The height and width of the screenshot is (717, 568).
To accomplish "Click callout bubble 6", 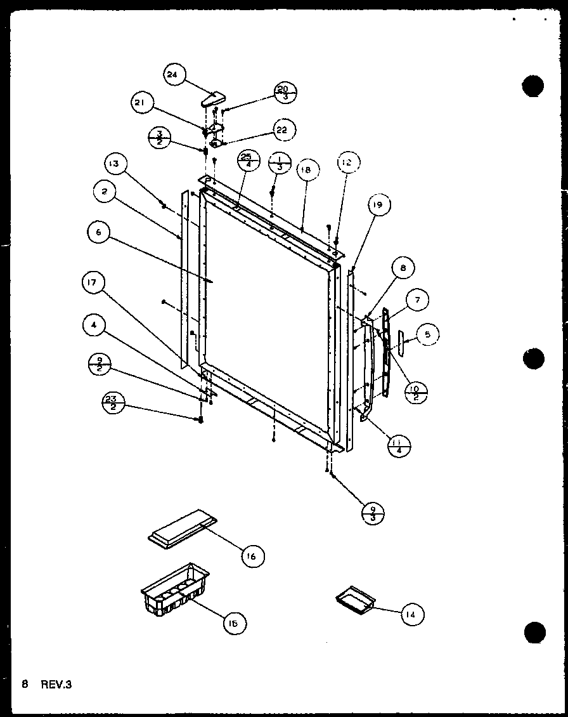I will point(99,234).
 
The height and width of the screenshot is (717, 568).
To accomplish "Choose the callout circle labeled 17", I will point(93,284).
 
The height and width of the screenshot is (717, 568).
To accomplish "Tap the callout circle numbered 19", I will point(378,205).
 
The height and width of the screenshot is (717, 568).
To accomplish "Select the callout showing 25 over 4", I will point(247,162).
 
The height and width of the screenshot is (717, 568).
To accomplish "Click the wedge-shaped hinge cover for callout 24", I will point(212,99).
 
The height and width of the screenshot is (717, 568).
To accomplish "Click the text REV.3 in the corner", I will point(56,685).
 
